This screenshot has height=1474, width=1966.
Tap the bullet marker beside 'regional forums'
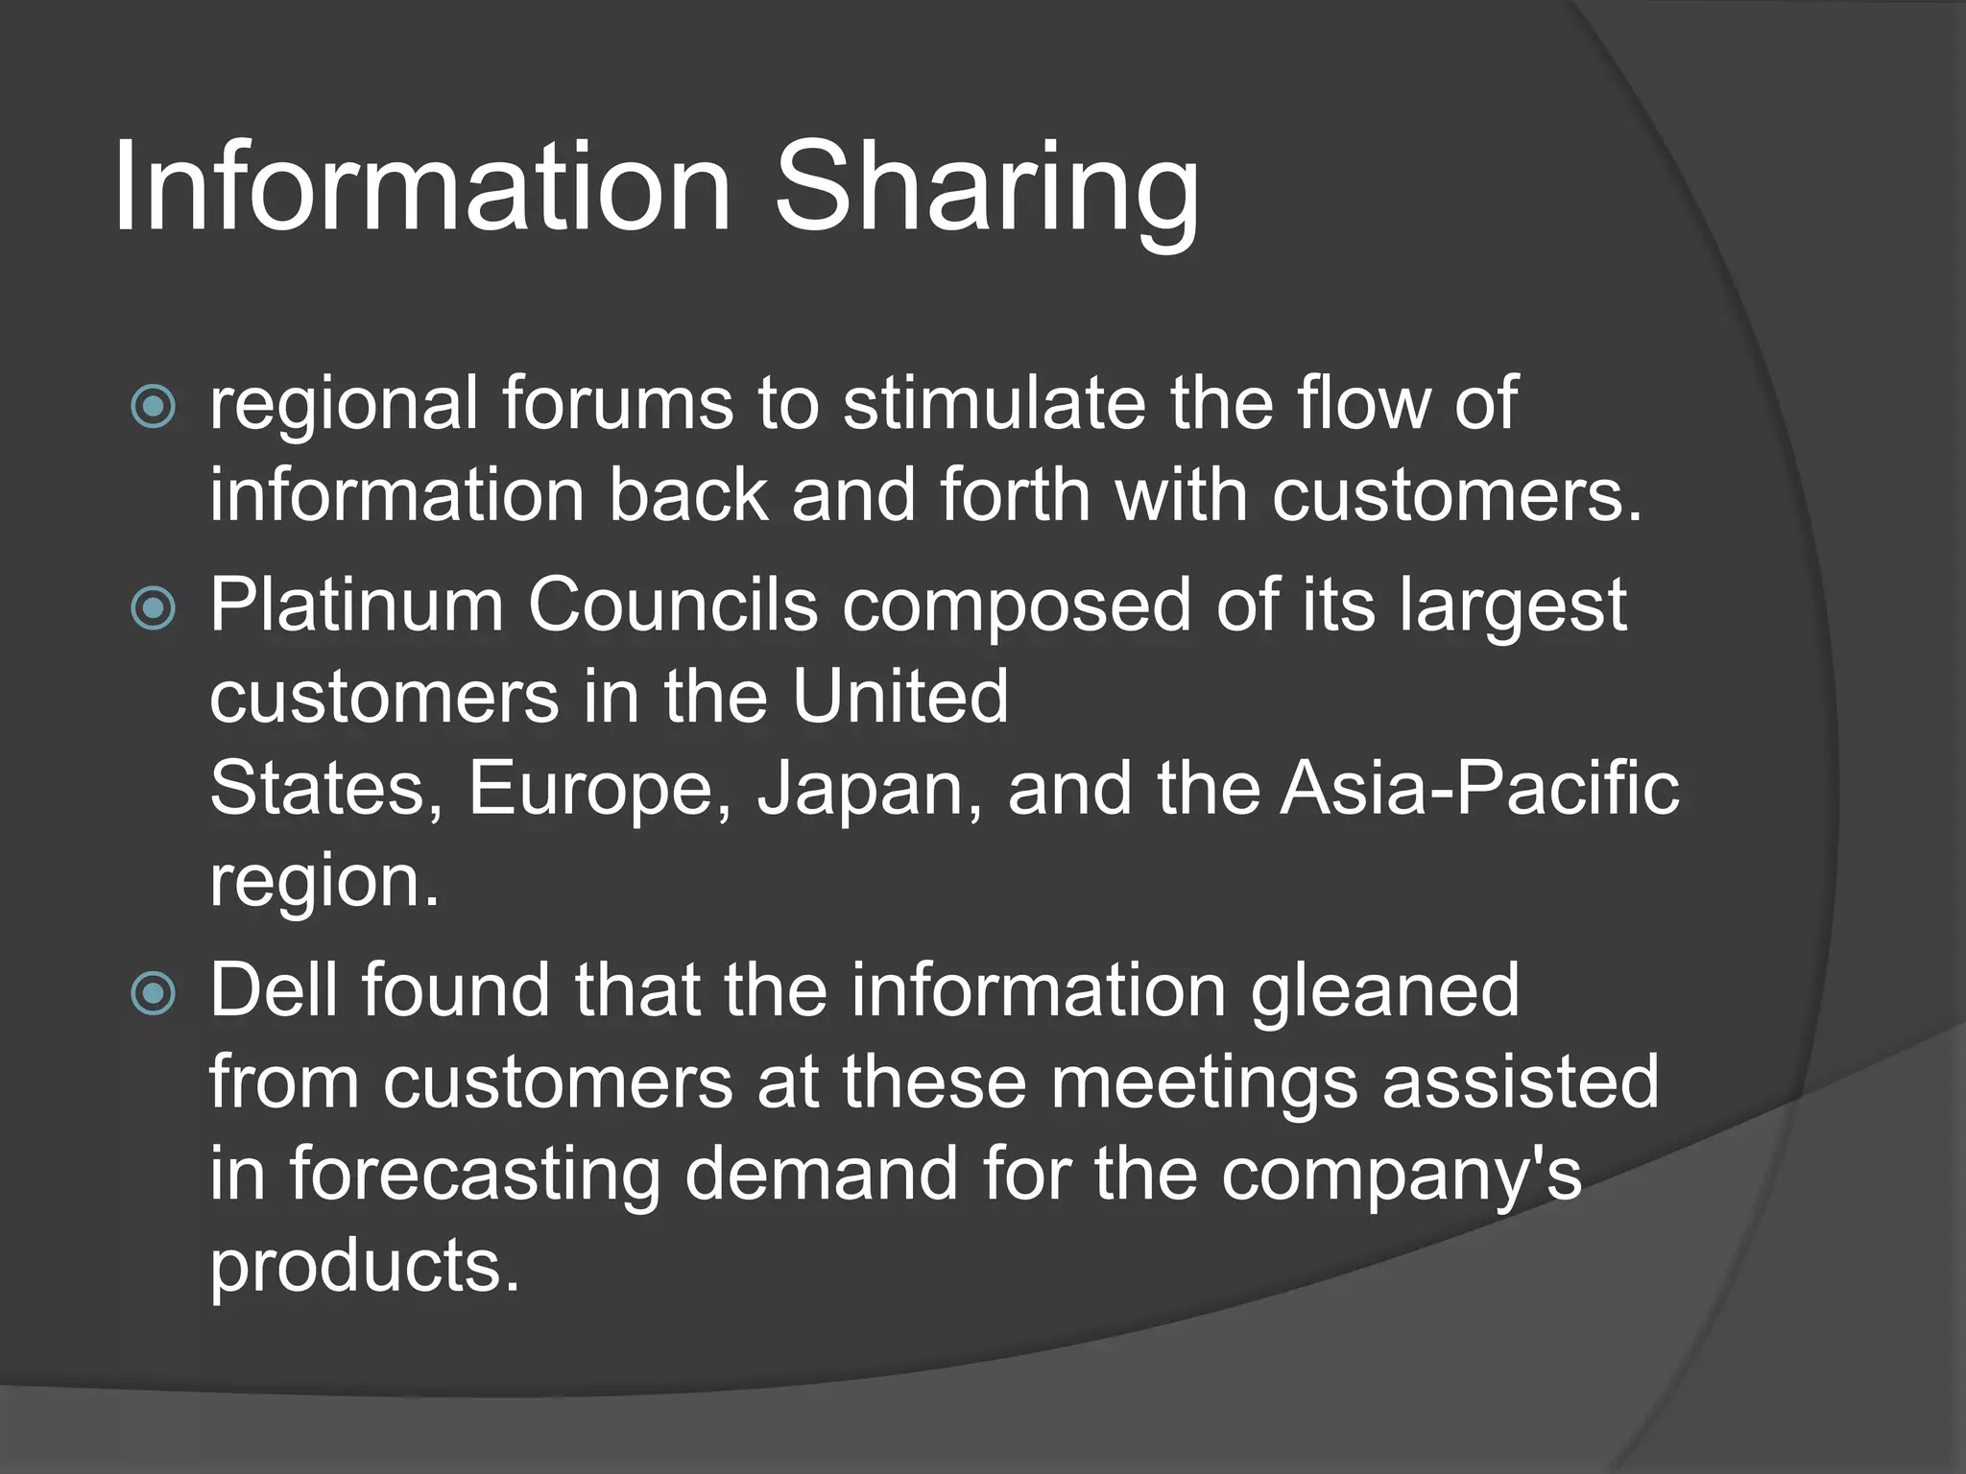154,407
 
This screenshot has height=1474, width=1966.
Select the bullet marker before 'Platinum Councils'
154,607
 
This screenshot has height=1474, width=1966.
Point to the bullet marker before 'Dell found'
154,993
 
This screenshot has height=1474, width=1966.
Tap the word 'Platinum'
356,606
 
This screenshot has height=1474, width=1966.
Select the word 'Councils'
672,606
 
